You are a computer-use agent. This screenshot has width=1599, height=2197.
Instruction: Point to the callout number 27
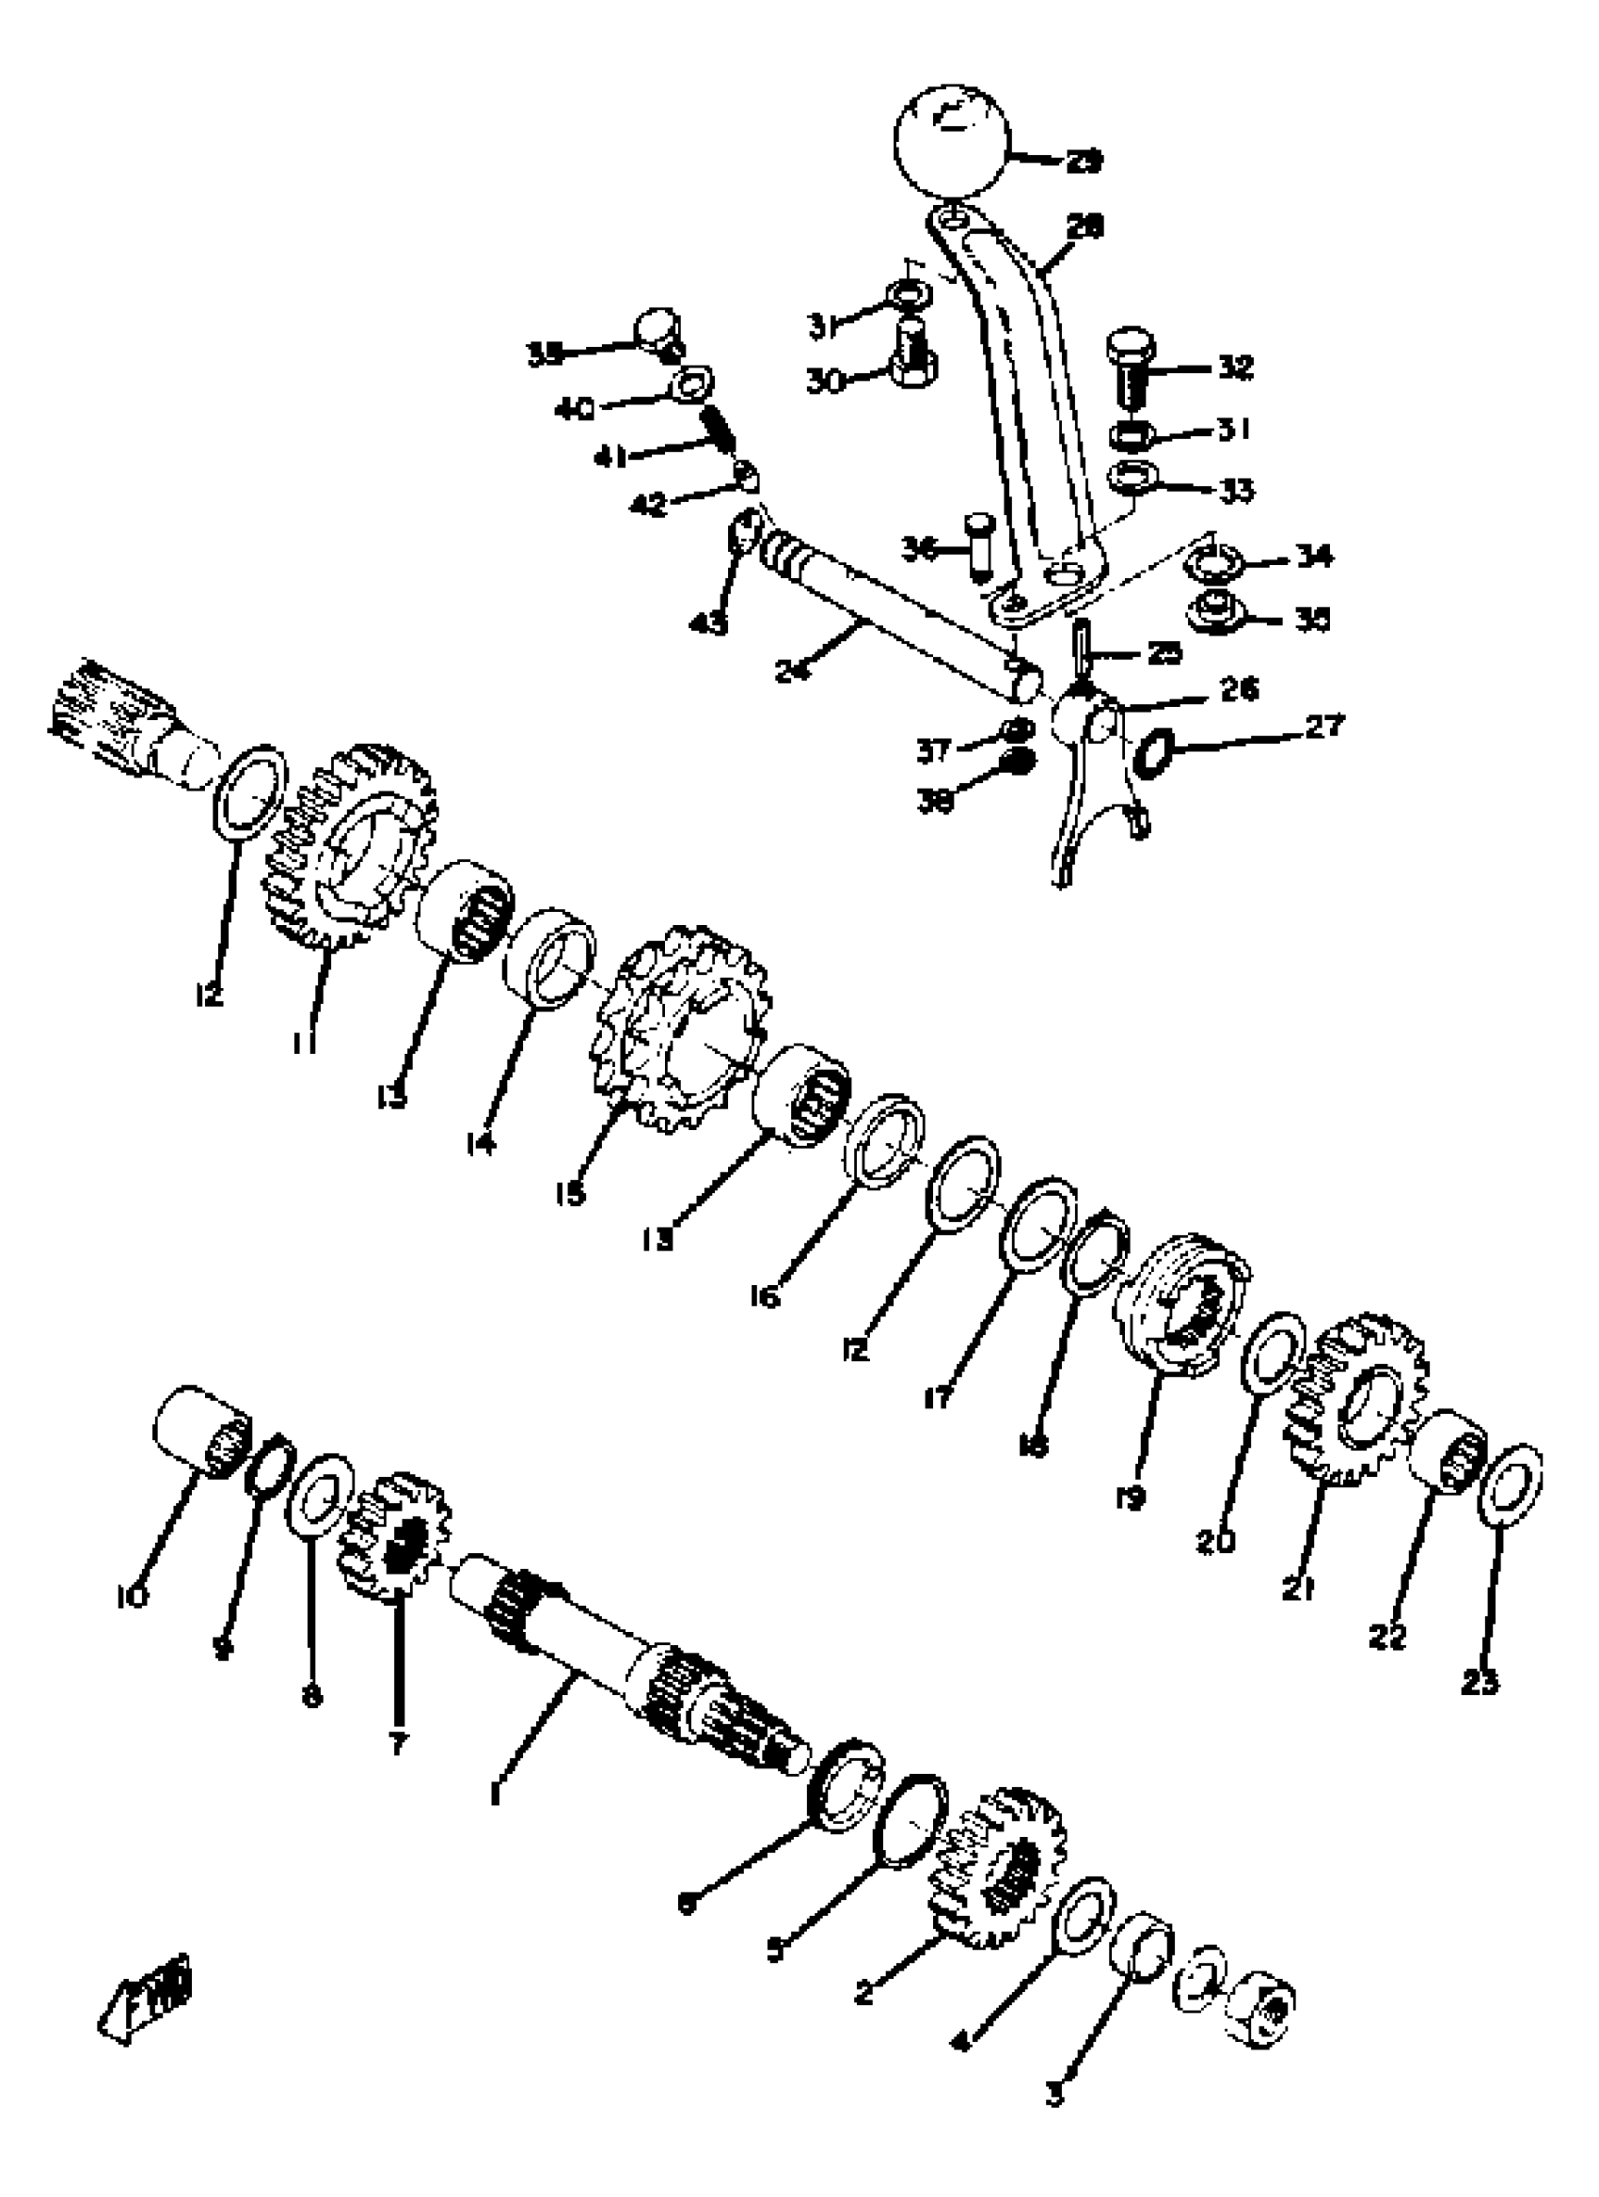(x=1324, y=725)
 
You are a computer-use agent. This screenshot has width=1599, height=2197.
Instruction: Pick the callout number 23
(x=1480, y=1684)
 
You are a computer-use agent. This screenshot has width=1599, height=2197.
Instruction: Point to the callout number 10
(x=132, y=1595)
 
